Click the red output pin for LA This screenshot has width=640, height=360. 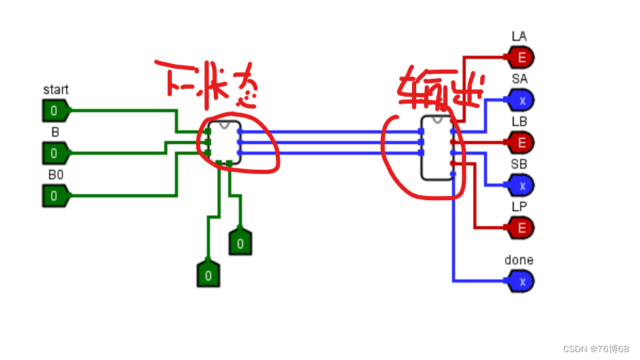pos(521,58)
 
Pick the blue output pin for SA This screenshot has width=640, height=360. pos(521,100)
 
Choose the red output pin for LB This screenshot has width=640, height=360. pos(521,143)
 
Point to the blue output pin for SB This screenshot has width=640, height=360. pos(521,185)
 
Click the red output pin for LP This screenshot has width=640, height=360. pos(521,228)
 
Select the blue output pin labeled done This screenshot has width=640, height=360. pos(521,281)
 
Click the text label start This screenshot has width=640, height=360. pos(56,90)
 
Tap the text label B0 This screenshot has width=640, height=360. pos(55,175)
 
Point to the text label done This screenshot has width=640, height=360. pos(519,261)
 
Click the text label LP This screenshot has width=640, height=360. pos(519,207)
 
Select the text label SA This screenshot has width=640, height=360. pos(519,79)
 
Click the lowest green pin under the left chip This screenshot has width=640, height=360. pos(208,274)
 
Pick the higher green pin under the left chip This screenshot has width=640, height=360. pos(240,243)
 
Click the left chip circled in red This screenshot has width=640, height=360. pos(223,142)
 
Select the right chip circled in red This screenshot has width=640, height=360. pos(436,148)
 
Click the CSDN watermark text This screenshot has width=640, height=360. pos(595,349)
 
